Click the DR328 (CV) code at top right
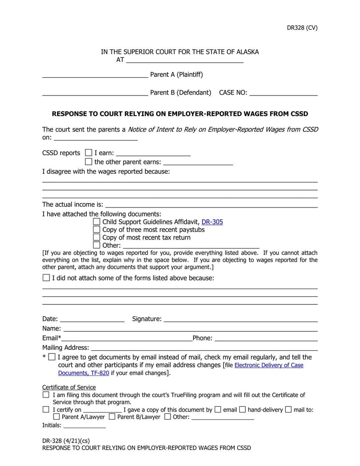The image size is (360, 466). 302,27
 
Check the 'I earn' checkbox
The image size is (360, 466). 88,153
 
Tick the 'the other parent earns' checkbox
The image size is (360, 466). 88,162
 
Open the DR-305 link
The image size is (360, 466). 212,222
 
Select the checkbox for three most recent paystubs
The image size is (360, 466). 96,230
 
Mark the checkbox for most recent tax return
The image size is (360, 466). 96,237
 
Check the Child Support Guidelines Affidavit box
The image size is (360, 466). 96,222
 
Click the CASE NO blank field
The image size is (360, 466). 283,92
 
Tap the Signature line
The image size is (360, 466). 240,319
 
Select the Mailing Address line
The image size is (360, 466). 204,348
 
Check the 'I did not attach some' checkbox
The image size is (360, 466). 46,278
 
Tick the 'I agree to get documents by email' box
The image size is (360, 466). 52,357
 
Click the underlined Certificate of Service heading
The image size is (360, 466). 69,387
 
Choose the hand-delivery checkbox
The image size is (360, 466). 242,410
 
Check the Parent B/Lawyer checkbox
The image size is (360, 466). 112,417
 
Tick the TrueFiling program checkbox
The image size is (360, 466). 46,395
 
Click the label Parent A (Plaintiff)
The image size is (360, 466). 176,74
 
